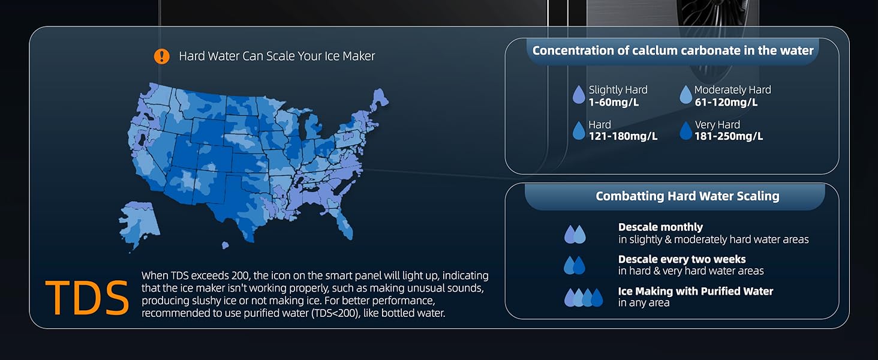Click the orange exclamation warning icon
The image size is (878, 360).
click(161, 56)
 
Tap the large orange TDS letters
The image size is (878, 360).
click(87, 298)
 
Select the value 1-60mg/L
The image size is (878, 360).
click(614, 103)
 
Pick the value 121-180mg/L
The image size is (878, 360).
click(623, 136)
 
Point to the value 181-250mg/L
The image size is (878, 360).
click(729, 136)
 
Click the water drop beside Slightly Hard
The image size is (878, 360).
click(579, 95)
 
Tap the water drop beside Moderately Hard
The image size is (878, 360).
click(685, 95)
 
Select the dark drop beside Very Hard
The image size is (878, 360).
click(685, 131)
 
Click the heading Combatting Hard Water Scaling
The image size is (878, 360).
click(687, 196)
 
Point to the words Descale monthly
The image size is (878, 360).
click(660, 227)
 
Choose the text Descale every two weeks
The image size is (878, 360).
click(682, 259)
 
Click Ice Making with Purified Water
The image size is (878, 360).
click(696, 292)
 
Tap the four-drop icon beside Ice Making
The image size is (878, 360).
click(584, 297)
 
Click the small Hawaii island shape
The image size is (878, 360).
click(225, 245)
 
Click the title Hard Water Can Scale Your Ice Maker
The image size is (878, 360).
click(276, 56)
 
